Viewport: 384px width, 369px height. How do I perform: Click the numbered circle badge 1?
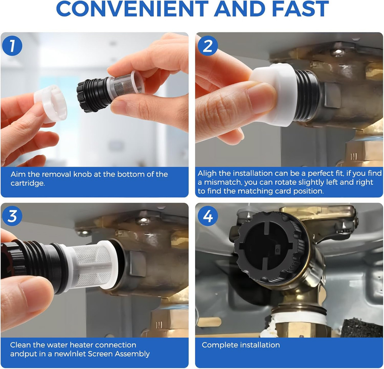[12, 46]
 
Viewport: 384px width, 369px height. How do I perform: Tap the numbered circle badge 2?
[207, 46]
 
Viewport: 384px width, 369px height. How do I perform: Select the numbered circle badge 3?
[12, 216]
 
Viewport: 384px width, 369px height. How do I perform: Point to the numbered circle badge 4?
[208, 216]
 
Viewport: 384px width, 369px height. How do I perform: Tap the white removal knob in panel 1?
[50, 104]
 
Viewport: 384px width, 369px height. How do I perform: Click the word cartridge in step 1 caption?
[27, 183]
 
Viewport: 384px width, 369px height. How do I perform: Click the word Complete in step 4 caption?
[217, 345]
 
